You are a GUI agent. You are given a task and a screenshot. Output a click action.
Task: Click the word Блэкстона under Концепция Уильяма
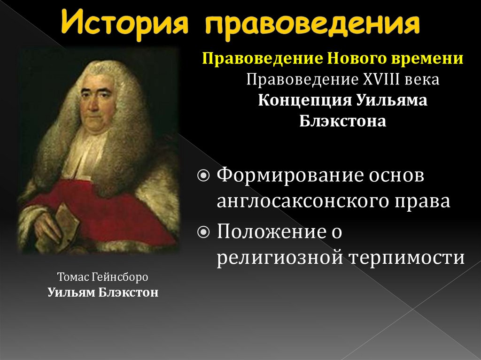click(x=342, y=122)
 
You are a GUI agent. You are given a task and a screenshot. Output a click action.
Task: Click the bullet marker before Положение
click(x=204, y=232)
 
